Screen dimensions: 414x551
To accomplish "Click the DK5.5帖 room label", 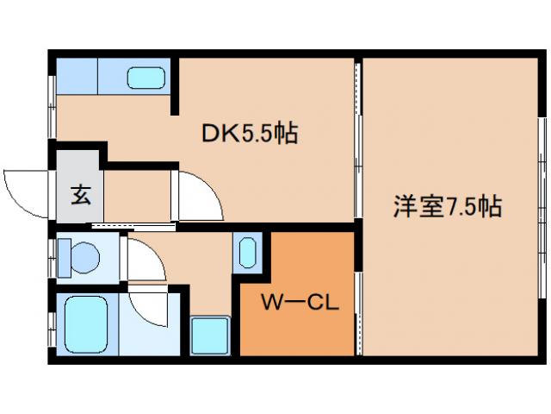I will [250, 134].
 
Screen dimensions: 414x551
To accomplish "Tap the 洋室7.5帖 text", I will [448, 207].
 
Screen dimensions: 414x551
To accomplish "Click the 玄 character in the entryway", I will [80, 196].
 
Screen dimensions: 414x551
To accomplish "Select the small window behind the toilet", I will [52, 257].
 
